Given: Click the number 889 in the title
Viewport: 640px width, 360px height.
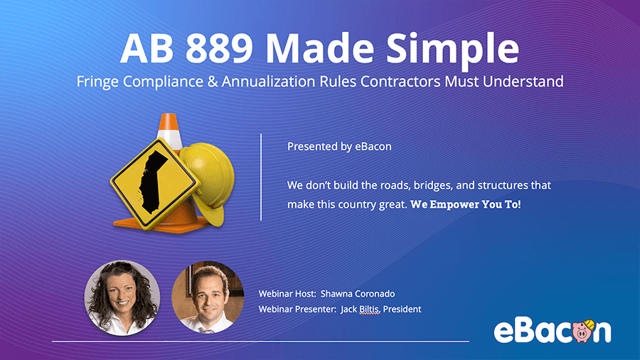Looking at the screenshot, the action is point(219,48).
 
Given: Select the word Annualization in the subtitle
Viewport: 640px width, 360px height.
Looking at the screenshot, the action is point(268,81).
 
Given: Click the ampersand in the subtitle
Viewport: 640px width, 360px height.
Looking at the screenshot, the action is point(212,81).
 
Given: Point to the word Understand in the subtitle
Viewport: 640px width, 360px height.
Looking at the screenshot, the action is point(523,81).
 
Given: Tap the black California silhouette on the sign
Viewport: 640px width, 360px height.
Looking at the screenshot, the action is point(153,181).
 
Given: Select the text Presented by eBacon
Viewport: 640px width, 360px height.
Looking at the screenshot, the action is point(339,147).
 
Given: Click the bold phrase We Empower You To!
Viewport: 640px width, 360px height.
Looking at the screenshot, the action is point(466,204).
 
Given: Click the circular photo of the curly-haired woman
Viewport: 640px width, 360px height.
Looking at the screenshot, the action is point(122,298).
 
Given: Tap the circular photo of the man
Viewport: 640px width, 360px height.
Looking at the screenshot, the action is point(208,297).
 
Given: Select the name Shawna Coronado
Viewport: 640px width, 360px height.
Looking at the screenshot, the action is point(358,293).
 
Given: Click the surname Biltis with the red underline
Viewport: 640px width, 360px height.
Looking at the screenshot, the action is point(369,309).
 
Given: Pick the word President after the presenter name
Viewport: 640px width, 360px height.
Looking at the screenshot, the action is point(402,309).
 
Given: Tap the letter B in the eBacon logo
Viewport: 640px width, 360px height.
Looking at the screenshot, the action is point(526,331).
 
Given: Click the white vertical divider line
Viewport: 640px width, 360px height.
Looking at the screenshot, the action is point(261,177).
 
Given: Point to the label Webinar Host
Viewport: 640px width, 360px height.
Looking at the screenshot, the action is point(287,293).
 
